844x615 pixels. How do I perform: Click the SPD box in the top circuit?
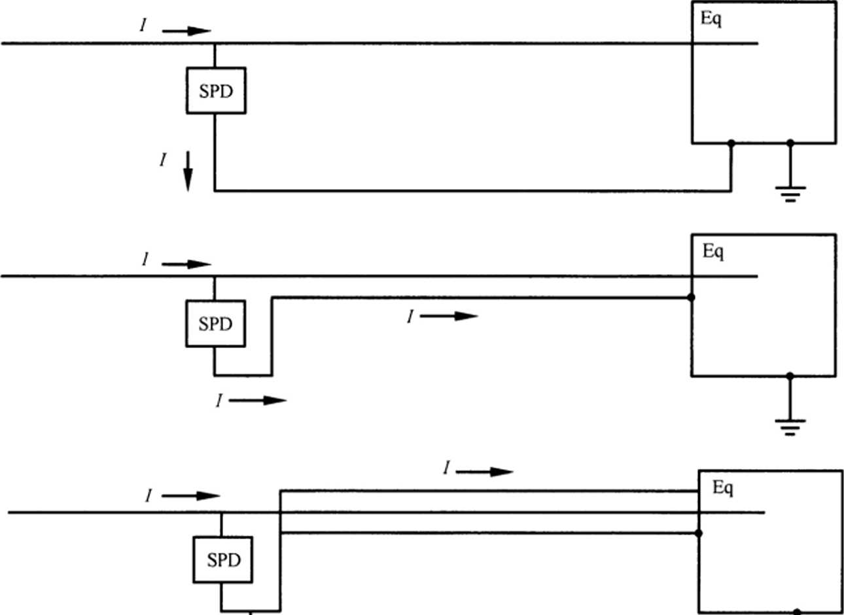pyautogui.click(x=216, y=91)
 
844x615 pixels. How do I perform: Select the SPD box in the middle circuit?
pyautogui.click(x=215, y=324)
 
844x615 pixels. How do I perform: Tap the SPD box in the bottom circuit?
pyautogui.click(x=223, y=560)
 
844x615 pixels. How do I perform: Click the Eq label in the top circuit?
pyautogui.click(x=711, y=18)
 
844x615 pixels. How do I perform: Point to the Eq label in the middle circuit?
pyautogui.click(x=713, y=251)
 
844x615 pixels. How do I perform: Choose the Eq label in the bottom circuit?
pyautogui.click(x=722, y=487)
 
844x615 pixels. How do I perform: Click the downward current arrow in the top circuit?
pyautogui.click(x=188, y=171)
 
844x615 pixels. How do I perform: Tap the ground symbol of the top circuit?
pyautogui.click(x=790, y=193)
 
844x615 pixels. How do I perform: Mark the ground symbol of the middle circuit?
pyautogui.click(x=790, y=427)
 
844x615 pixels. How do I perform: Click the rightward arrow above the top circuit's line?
pyautogui.click(x=186, y=31)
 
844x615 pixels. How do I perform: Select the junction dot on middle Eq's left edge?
pyautogui.click(x=692, y=298)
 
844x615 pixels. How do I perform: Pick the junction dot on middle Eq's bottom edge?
pyautogui.click(x=790, y=376)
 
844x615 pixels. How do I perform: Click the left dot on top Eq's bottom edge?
pyautogui.click(x=731, y=143)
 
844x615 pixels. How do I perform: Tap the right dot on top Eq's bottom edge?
pyautogui.click(x=790, y=143)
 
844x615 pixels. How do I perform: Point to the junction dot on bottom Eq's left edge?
pyautogui.click(x=699, y=533)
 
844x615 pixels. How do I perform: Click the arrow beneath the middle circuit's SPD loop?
pyautogui.click(x=258, y=400)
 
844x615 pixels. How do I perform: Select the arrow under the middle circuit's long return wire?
pyautogui.click(x=449, y=317)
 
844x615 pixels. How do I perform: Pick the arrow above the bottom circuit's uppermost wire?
pyautogui.click(x=484, y=472)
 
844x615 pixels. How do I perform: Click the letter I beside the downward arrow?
pyautogui.click(x=163, y=160)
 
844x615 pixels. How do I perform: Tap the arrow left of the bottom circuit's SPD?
pyautogui.click(x=190, y=496)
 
